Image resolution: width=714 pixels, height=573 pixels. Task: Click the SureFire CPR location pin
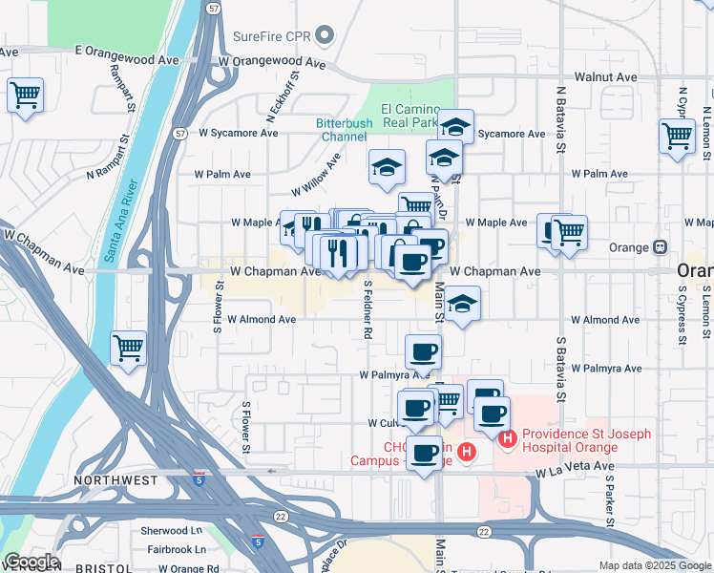325,37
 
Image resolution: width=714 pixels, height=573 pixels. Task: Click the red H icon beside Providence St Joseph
507,439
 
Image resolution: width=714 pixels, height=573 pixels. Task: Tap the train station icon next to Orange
660,247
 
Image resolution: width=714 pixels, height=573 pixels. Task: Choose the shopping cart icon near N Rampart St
26,95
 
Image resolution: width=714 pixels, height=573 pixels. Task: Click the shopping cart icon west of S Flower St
128,348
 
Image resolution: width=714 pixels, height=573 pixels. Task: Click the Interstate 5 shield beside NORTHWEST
198,473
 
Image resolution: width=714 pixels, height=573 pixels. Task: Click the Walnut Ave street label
605,76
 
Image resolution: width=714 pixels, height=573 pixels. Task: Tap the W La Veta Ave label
574,471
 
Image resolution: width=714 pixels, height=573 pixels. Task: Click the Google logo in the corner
31,562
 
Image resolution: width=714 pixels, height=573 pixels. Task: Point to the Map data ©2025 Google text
653,565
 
